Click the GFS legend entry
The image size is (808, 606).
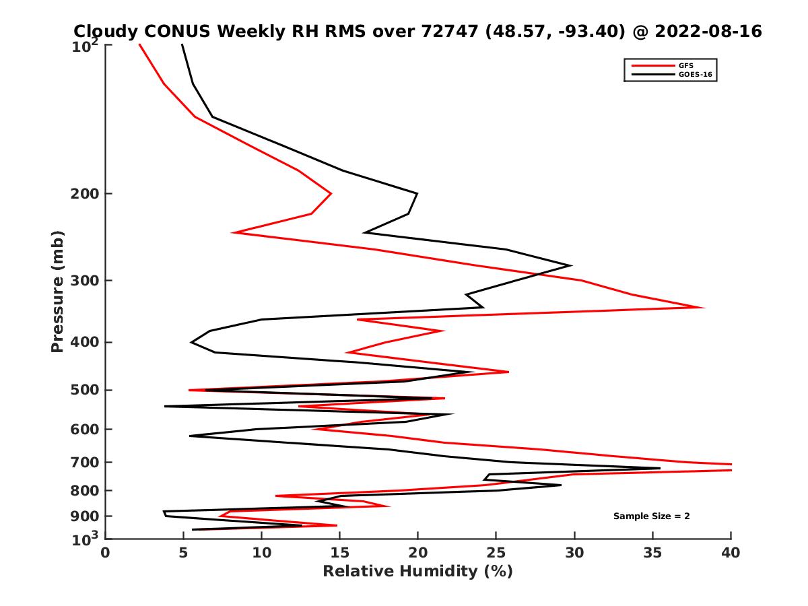(685, 65)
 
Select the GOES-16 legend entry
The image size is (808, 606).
(695, 75)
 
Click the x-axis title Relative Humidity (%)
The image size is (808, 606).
(417, 572)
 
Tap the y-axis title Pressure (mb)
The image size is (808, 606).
(57, 291)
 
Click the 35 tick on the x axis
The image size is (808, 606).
(652, 553)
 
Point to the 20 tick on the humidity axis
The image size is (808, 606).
(417, 553)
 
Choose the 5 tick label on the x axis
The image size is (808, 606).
(184, 553)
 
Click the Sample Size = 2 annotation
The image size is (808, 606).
(651, 516)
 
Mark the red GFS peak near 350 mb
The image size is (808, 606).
(704, 308)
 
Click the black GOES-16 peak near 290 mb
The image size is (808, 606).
(571, 265)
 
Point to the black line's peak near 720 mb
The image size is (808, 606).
(659, 468)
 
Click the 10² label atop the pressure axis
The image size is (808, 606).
(88, 45)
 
